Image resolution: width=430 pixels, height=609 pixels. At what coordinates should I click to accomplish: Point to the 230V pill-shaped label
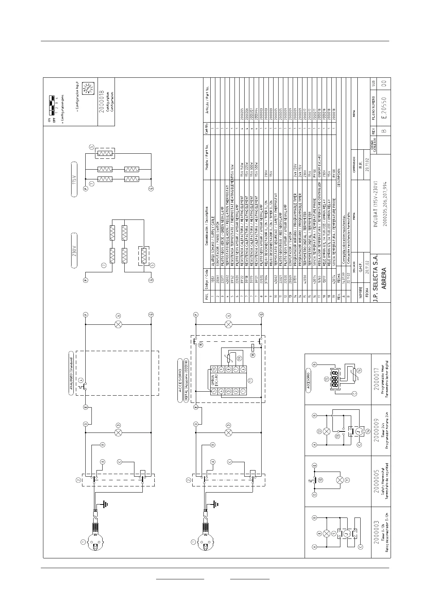(75, 250)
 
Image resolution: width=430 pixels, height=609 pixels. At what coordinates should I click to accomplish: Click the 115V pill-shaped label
(75, 179)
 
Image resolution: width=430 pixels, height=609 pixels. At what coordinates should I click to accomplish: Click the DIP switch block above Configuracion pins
(53, 102)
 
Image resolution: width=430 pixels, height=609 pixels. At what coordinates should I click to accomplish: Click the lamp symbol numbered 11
(339, 480)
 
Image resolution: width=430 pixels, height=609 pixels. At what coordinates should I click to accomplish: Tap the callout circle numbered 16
(358, 371)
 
